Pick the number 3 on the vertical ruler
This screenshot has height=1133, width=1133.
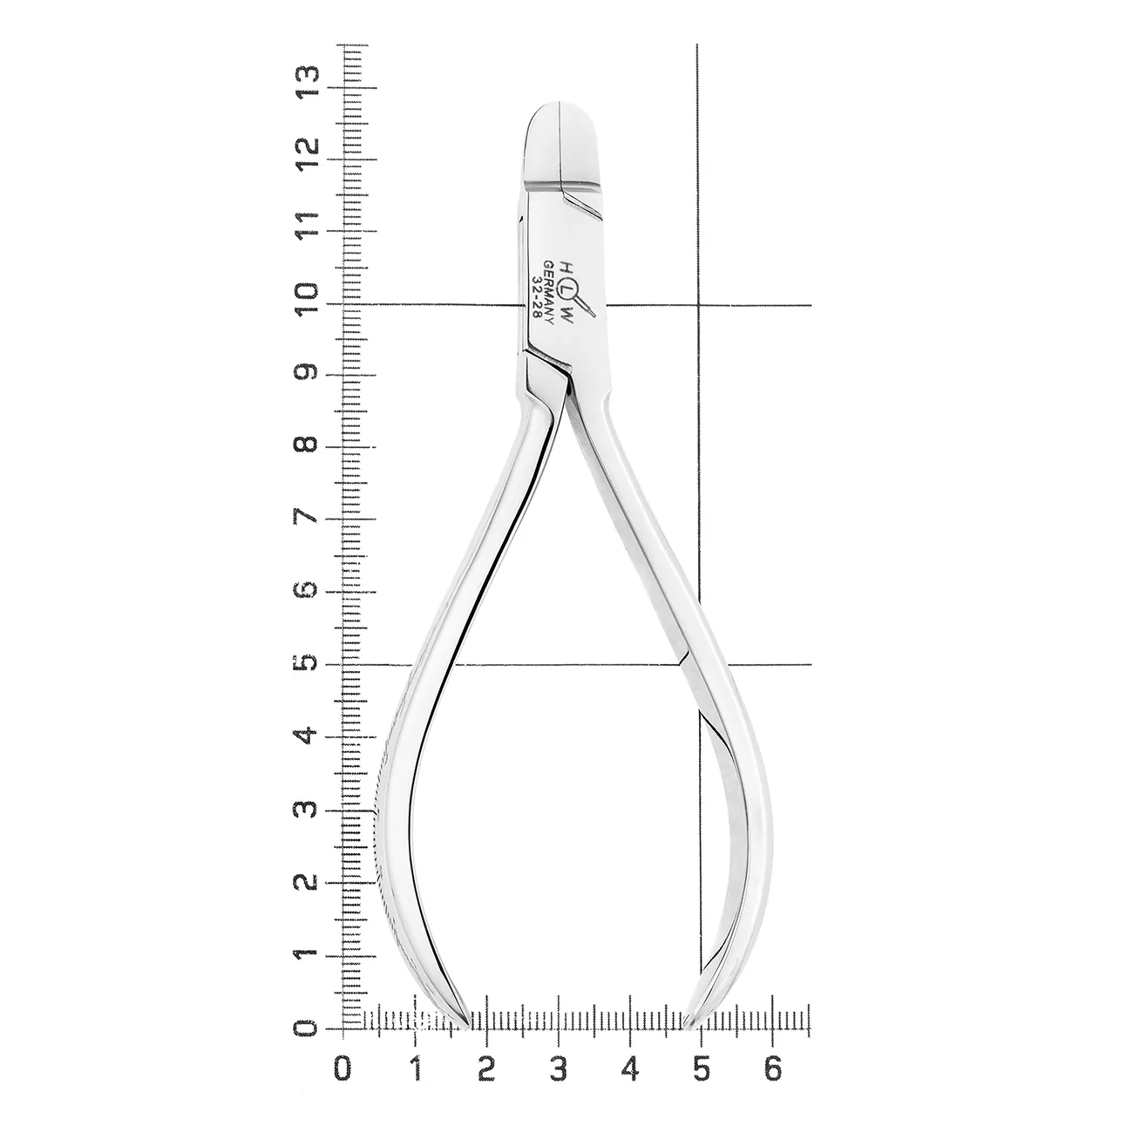click(x=309, y=811)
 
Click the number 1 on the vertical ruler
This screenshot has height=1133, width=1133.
click(x=309, y=957)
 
